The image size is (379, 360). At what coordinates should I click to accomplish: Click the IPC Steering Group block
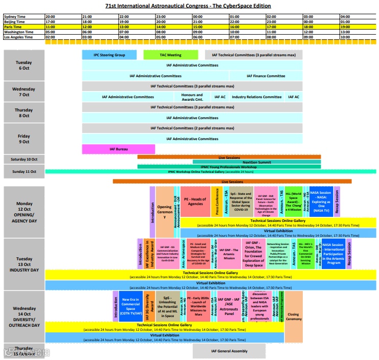click(109, 55)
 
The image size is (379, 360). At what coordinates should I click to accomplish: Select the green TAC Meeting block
click(169, 55)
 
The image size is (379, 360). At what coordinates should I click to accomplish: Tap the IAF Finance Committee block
click(265, 76)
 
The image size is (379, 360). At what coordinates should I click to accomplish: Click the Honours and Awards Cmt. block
click(192, 97)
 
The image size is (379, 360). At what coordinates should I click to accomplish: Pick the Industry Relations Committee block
click(256, 97)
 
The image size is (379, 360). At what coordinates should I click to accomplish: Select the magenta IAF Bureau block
click(118, 149)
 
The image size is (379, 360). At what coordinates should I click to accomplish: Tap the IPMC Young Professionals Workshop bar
click(229, 167)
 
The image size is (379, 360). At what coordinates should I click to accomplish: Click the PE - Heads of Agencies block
click(195, 201)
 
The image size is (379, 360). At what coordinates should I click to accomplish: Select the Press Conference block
click(217, 201)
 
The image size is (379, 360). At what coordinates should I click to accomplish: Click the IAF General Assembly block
click(229, 351)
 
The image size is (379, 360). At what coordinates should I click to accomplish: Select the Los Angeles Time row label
click(24, 37)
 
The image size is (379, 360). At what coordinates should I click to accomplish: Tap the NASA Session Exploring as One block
click(321, 201)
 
